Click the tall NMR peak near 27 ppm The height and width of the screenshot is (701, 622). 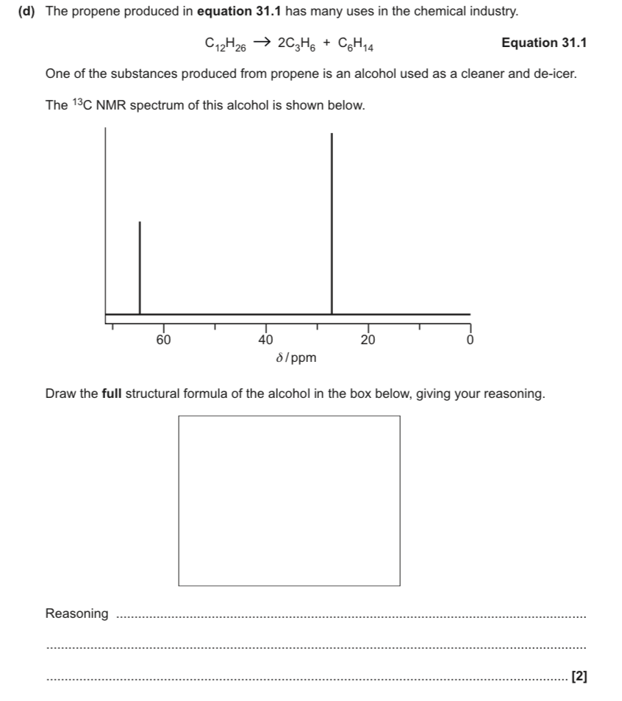coord(332,221)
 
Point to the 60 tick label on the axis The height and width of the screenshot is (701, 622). coord(163,340)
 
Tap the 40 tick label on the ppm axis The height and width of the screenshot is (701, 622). coord(266,340)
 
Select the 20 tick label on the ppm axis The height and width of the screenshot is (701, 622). coord(368,340)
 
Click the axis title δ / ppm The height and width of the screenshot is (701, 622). coord(296,358)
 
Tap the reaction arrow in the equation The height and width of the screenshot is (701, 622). coord(261,42)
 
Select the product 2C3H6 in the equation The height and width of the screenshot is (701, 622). coord(296,43)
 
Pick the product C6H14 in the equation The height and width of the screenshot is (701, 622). coord(357,43)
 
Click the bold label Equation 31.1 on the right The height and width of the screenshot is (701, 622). coord(543,43)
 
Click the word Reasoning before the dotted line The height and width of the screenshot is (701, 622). coord(76,613)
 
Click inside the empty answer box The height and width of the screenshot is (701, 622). coord(289,500)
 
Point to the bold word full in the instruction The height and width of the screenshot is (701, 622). coord(112,394)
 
